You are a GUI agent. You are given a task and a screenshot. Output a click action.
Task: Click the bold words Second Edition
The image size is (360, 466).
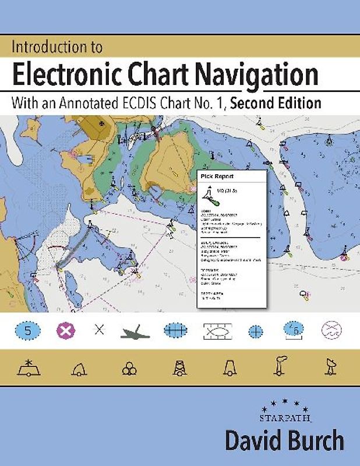pyautogui.click(x=276, y=104)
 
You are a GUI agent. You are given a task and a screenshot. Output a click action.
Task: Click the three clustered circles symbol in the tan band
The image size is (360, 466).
pyautogui.click(x=129, y=368)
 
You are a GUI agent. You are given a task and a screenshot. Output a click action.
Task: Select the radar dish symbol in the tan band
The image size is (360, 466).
pyautogui.click(x=329, y=366)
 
